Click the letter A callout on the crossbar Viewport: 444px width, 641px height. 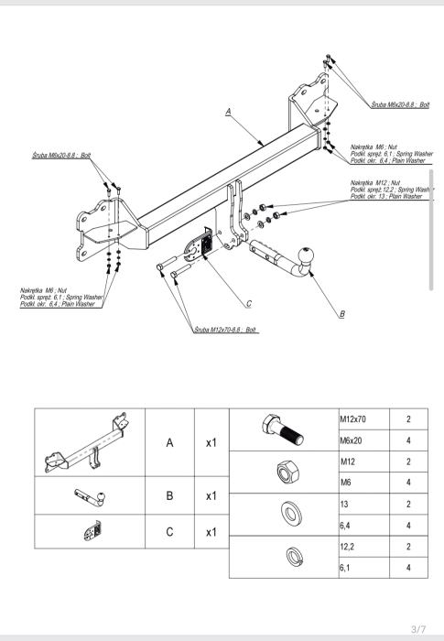point(228,112)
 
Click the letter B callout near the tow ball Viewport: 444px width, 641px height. point(342,314)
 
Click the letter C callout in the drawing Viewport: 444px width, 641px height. point(249,304)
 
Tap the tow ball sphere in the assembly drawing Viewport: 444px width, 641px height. point(306,256)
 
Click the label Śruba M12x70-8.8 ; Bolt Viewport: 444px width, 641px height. point(225,330)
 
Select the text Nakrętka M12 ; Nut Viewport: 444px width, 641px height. point(375,183)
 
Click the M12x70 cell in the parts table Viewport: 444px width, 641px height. point(364,419)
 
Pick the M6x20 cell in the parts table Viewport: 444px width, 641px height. point(364,440)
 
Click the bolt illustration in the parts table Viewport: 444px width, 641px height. point(283,429)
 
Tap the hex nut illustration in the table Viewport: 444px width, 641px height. point(287,472)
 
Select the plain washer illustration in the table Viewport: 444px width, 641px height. point(291,514)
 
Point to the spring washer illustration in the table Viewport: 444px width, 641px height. point(295,557)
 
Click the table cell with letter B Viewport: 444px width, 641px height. point(169,495)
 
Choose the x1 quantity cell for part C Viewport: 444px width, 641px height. point(211,531)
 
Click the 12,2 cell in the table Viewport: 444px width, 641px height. point(364,547)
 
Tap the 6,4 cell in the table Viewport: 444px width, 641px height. point(364,526)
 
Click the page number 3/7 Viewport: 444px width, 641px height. point(418,629)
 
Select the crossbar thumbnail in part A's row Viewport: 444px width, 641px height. point(87,442)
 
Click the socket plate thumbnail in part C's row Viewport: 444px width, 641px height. point(92,531)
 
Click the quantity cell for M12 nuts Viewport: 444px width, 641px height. point(408,462)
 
